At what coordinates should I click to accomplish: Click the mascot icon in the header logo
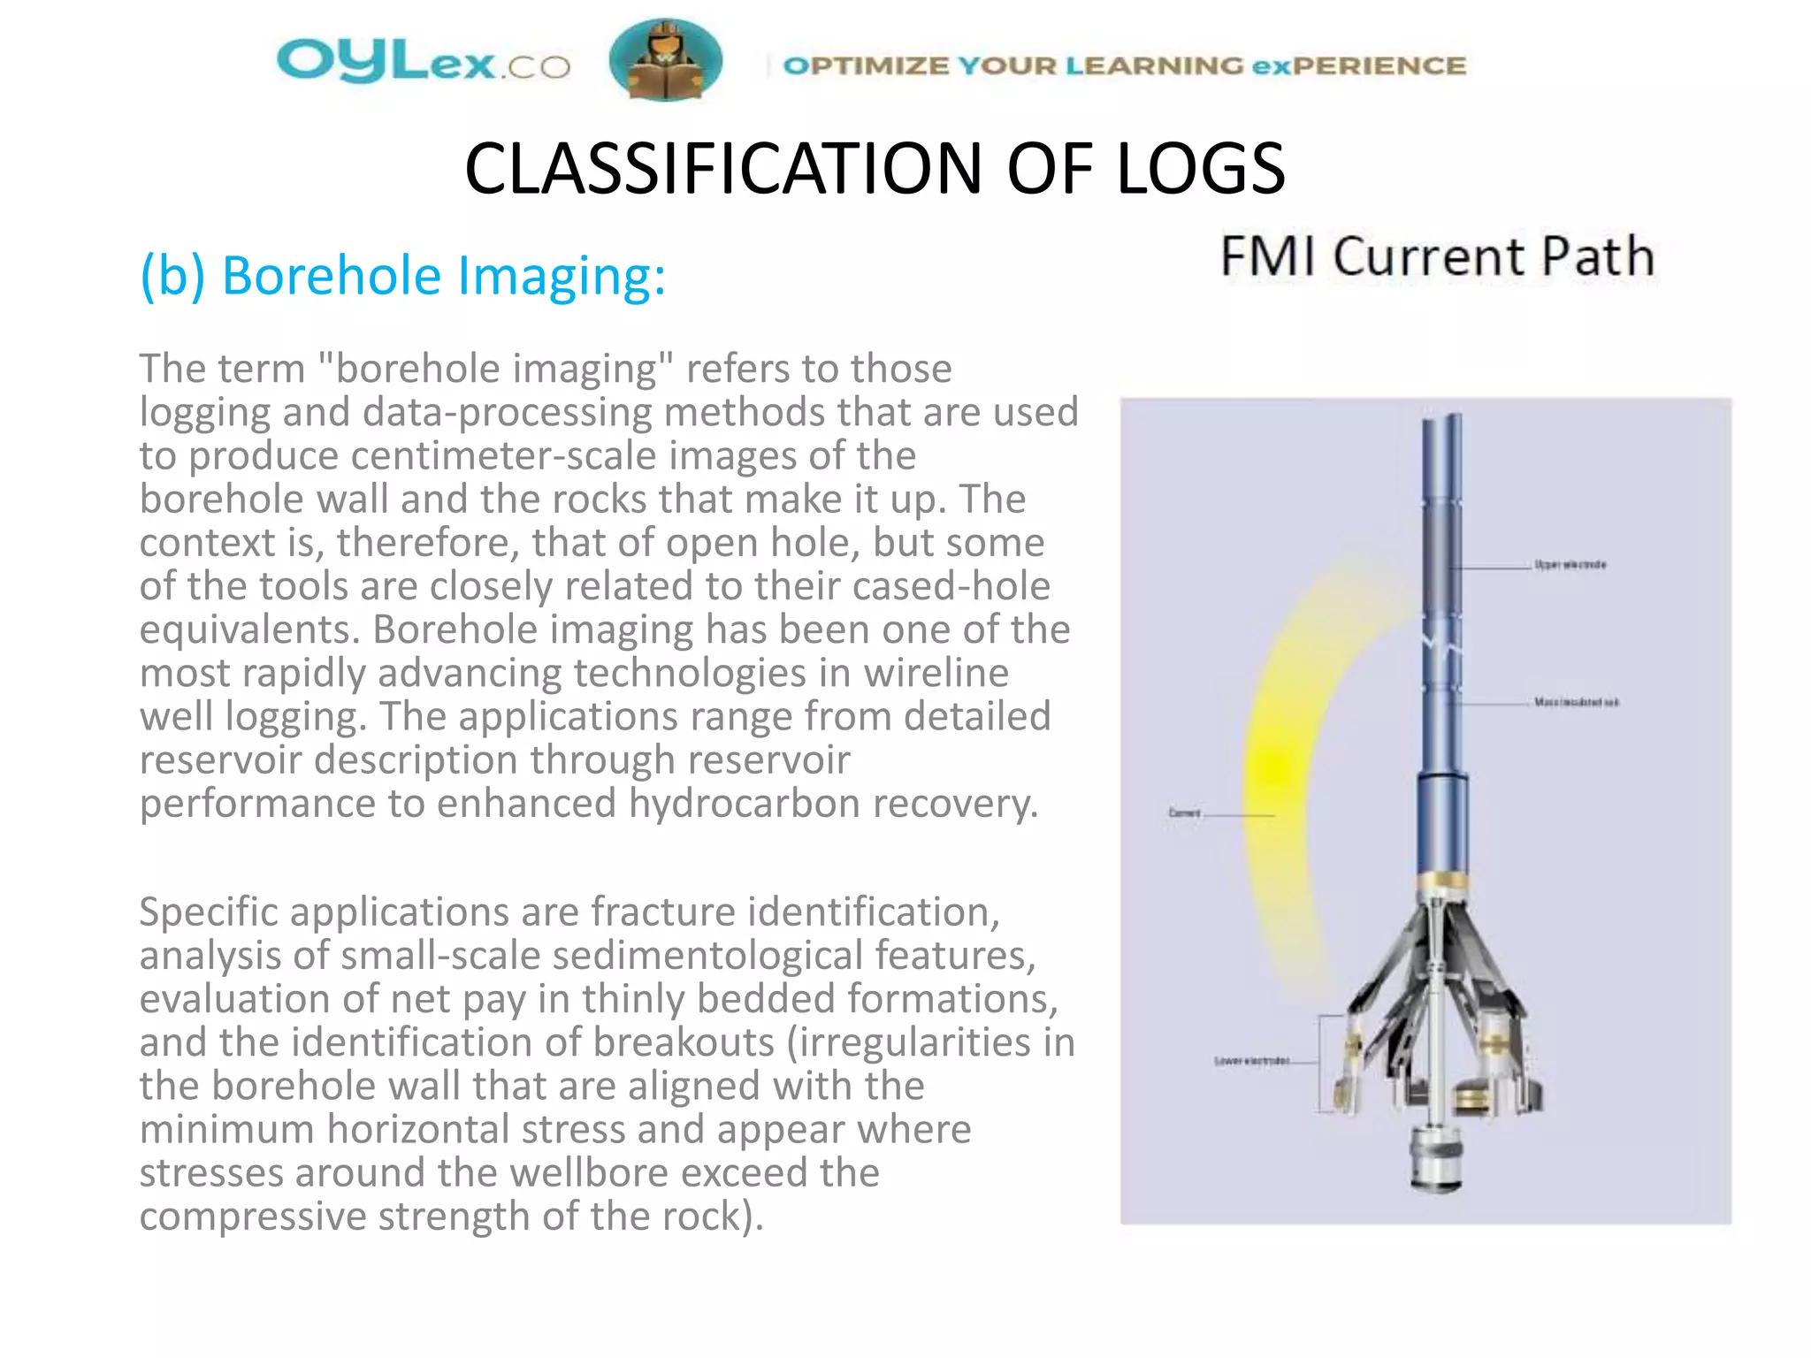pyautogui.click(x=665, y=60)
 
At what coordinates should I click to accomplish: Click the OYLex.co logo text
pyautogui.click(x=423, y=61)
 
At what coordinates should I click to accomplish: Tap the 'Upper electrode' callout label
pyautogui.click(x=1570, y=564)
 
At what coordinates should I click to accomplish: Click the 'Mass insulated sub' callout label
pyautogui.click(x=1577, y=702)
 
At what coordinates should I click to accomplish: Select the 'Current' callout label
pyautogui.click(x=1184, y=813)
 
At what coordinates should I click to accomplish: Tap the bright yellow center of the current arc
pyautogui.click(x=1274, y=767)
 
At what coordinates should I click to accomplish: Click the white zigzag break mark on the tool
pyautogui.click(x=1441, y=650)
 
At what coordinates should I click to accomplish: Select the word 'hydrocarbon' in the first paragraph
pyautogui.click(x=745, y=804)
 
